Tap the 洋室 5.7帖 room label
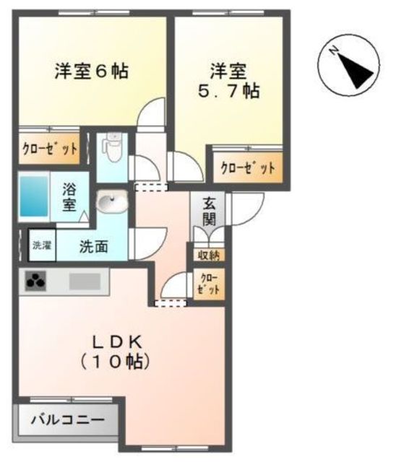228,81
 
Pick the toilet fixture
112,147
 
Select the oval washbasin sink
111,204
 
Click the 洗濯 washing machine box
41,245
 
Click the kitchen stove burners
35,281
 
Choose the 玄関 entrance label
210,210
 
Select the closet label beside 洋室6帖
48,150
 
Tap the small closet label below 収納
209,284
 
